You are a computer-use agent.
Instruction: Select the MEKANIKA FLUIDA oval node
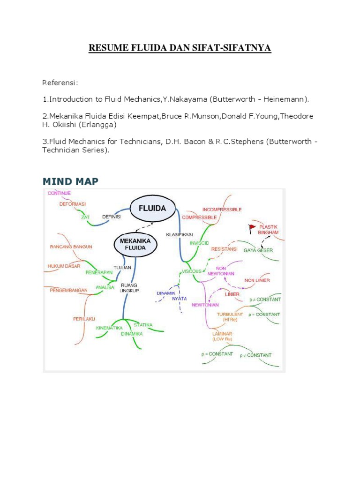point(135,244)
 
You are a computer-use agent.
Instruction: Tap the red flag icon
point(252,228)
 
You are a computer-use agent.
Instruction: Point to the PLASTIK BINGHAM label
point(268,229)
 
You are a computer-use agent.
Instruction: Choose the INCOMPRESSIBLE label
point(222,209)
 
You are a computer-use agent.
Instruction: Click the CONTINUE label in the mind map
point(59,193)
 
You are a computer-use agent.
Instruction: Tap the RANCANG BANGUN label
point(71,247)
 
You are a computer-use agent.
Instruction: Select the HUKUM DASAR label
point(64,266)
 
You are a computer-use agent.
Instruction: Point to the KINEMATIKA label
point(109,328)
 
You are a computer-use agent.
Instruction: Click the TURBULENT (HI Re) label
point(230,316)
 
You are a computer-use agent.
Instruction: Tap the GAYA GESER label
point(258,250)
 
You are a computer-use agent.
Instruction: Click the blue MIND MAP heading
point(70,181)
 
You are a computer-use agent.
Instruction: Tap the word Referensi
point(60,83)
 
